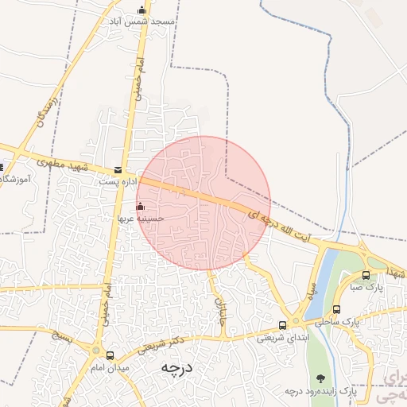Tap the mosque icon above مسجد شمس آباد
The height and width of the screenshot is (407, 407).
(142, 10)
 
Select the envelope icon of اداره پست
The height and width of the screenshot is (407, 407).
(118, 170)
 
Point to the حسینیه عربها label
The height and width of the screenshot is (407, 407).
(141, 217)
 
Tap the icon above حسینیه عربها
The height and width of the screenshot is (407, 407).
(141, 206)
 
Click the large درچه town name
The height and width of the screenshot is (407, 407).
(178, 368)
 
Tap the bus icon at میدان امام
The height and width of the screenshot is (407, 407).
(110, 356)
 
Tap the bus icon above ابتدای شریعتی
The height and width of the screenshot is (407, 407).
(283, 325)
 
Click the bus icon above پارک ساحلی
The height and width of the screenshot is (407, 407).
(337, 310)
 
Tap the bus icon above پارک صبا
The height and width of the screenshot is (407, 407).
(366, 276)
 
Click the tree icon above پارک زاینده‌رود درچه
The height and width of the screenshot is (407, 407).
(321, 378)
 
